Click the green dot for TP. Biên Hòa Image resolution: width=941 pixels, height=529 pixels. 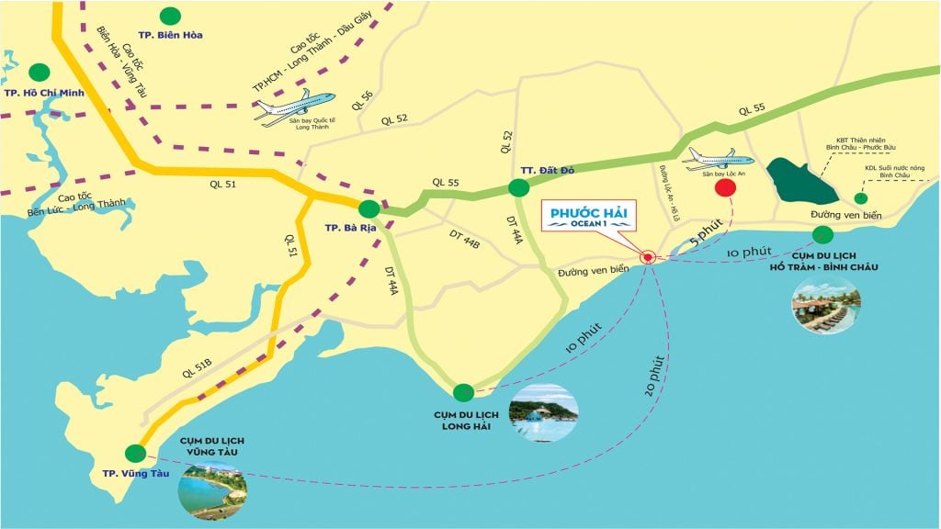170,16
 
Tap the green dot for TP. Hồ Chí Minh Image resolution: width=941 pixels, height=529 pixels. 40,72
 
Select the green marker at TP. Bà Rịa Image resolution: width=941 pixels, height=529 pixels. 368,208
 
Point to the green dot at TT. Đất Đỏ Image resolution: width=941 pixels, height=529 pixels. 518,188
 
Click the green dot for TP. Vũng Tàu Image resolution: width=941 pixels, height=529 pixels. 136,452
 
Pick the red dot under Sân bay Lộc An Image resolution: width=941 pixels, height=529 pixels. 725,188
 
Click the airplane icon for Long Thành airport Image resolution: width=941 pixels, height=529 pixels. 295,107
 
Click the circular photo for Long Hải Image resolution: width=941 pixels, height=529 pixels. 544,412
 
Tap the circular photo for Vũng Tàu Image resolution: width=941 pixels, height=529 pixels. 213,486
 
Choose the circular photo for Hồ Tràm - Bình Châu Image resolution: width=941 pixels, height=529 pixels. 825,304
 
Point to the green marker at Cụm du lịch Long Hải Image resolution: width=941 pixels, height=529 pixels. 464,392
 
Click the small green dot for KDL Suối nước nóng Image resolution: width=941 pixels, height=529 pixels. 861,198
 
